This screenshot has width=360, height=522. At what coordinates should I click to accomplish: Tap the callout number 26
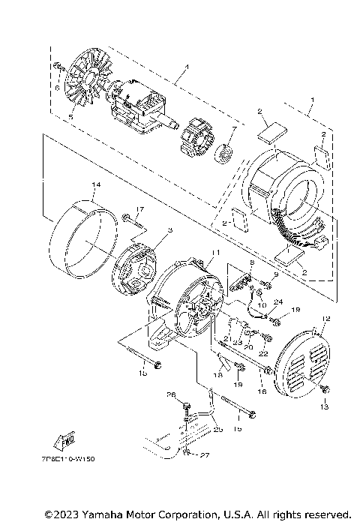click(x=169, y=395)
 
